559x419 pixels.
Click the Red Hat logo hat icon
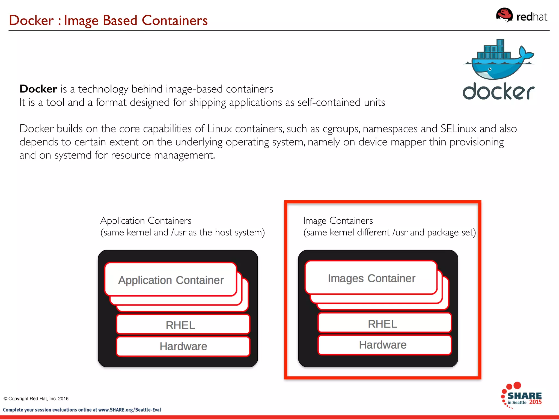point(504,15)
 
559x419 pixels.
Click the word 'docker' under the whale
point(498,92)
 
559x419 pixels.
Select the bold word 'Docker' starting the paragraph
point(38,89)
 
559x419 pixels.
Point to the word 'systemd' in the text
point(73,155)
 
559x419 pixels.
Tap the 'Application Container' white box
point(171,280)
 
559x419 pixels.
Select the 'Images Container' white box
point(371,278)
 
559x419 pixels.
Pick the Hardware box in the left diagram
point(183,346)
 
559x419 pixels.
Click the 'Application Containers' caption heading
point(146,220)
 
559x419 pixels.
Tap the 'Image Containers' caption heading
point(338,220)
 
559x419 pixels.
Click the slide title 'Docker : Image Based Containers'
point(108,20)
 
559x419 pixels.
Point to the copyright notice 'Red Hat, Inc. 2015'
point(49,399)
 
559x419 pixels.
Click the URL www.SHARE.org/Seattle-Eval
point(130,410)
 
